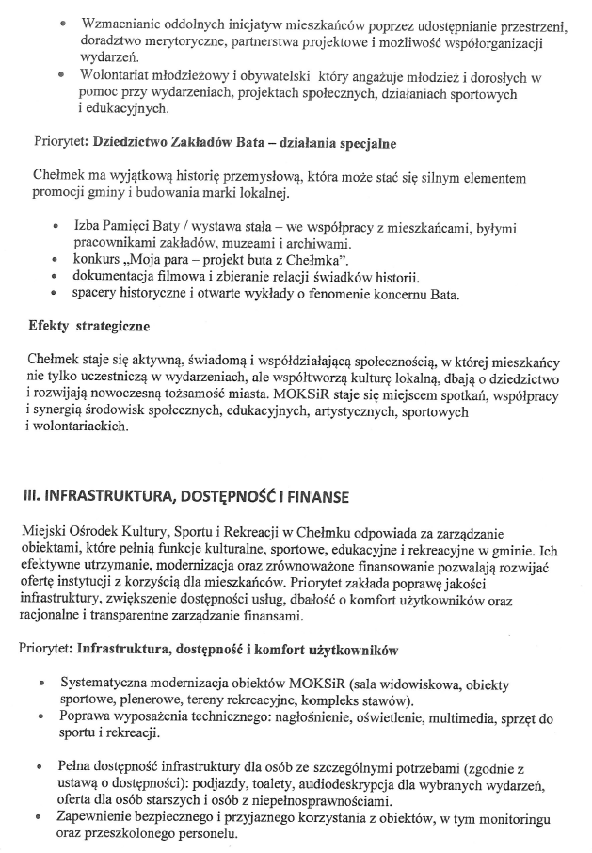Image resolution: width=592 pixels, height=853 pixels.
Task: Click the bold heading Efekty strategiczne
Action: [88, 327]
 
